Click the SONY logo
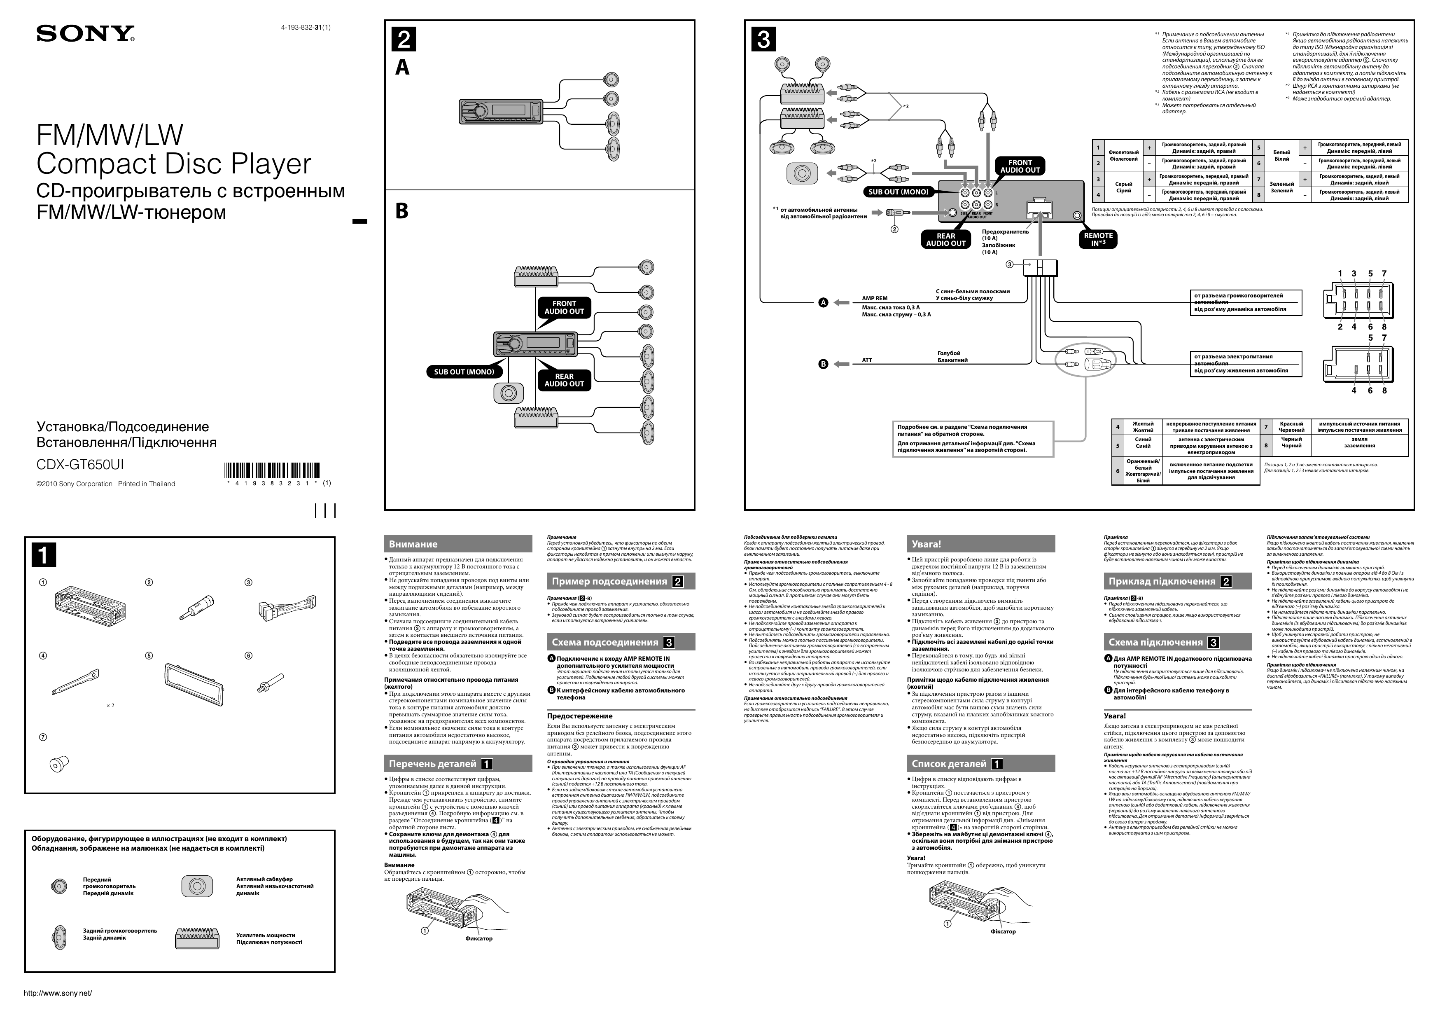86,33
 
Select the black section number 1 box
44,555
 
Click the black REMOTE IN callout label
1098,239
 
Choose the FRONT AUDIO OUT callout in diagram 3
1020,166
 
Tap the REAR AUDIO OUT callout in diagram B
564,380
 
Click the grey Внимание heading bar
457,544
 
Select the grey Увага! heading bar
980,544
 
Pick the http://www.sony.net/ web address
58,993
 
